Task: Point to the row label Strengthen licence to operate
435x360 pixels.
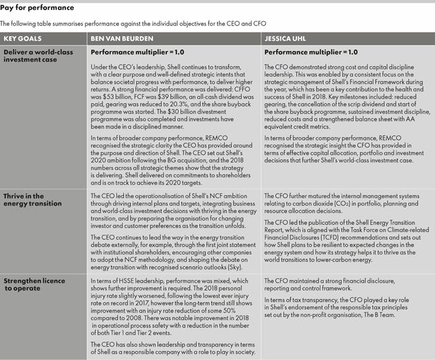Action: (36, 287)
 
